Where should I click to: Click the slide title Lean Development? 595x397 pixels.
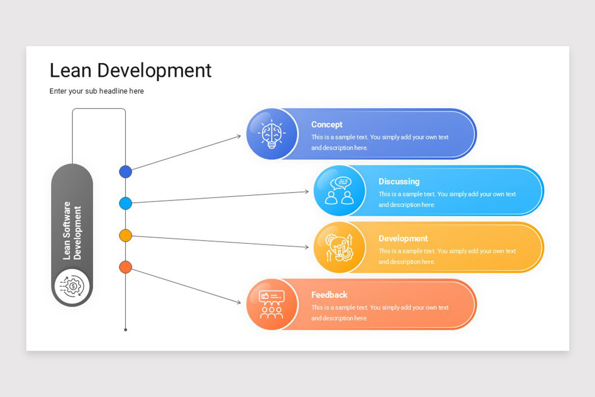tap(130, 70)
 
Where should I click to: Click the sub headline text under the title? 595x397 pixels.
tap(97, 91)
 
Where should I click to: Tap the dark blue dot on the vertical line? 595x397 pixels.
tap(125, 172)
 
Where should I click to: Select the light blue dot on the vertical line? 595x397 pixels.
tap(125, 203)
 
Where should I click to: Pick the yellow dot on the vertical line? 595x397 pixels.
tap(125, 235)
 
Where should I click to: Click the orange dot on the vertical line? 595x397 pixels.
tap(125, 267)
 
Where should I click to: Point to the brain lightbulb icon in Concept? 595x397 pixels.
tap(272, 134)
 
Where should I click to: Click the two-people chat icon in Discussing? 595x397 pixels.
tap(339, 191)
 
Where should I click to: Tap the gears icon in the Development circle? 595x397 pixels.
tap(339, 247)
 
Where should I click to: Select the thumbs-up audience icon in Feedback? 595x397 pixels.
tap(272, 304)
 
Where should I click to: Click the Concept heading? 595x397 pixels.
tap(327, 125)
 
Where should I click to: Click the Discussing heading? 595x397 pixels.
tap(399, 182)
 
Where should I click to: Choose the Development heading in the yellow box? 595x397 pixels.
tap(403, 238)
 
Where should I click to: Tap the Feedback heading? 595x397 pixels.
tap(329, 295)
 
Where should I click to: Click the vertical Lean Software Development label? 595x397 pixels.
tap(72, 230)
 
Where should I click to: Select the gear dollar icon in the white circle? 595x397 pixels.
tap(72, 286)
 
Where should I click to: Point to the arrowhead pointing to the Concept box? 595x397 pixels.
tap(238, 136)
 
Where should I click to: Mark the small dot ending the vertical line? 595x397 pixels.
tap(125, 330)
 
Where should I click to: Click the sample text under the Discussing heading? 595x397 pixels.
tap(447, 199)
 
